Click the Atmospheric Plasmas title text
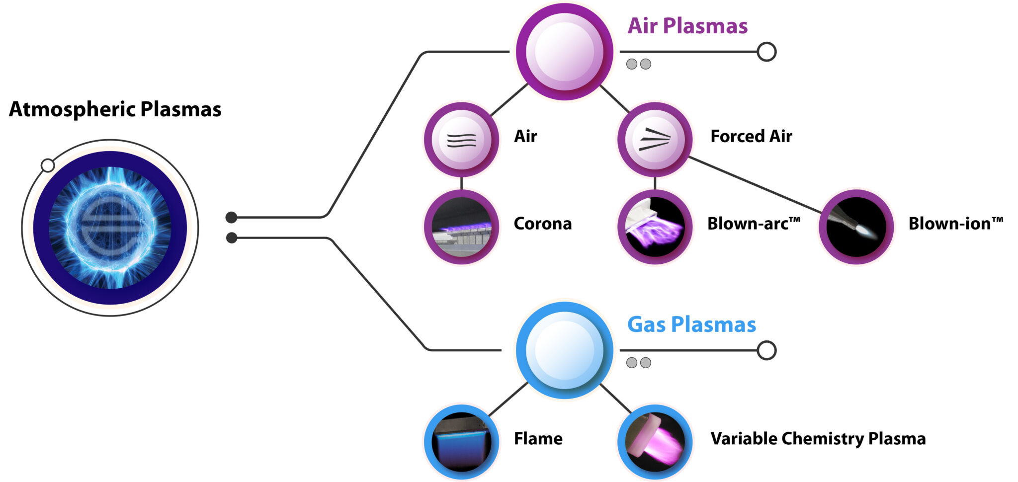(x=115, y=109)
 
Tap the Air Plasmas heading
(x=687, y=26)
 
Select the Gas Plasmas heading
(x=691, y=324)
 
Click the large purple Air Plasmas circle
(x=564, y=52)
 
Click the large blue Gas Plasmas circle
(x=564, y=350)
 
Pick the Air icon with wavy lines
(x=461, y=140)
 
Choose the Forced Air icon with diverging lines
(x=655, y=140)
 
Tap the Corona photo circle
(x=461, y=227)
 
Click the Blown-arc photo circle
(x=655, y=227)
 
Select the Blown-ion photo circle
(x=856, y=227)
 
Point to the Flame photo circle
(x=461, y=442)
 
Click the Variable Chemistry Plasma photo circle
(x=655, y=442)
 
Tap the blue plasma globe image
(x=110, y=228)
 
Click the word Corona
(x=542, y=224)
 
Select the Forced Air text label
(x=751, y=136)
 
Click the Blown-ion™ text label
(x=955, y=224)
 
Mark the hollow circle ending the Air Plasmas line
(x=766, y=52)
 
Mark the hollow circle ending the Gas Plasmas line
(x=766, y=350)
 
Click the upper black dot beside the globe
(x=231, y=217)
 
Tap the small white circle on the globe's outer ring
(x=48, y=165)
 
